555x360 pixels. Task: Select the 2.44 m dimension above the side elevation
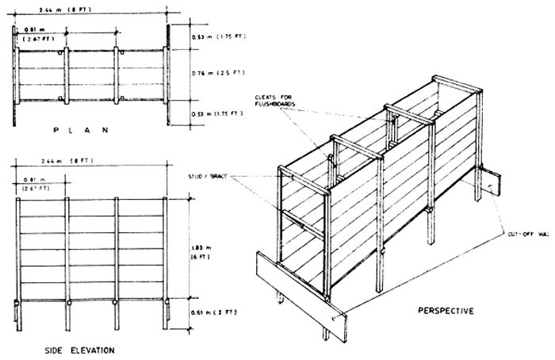coord(62,162)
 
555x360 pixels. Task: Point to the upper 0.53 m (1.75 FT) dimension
coord(214,37)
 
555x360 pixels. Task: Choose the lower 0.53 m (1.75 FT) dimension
coord(214,113)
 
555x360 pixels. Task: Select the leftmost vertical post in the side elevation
coord(17,262)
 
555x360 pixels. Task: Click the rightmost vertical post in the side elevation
coord(165,262)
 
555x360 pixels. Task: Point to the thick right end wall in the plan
coord(169,75)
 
